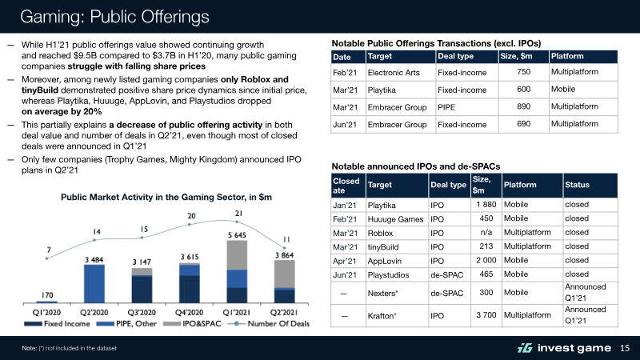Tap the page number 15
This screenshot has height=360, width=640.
(626, 347)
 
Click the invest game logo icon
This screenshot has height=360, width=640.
(523, 347)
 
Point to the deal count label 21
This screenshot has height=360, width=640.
(238, 213)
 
